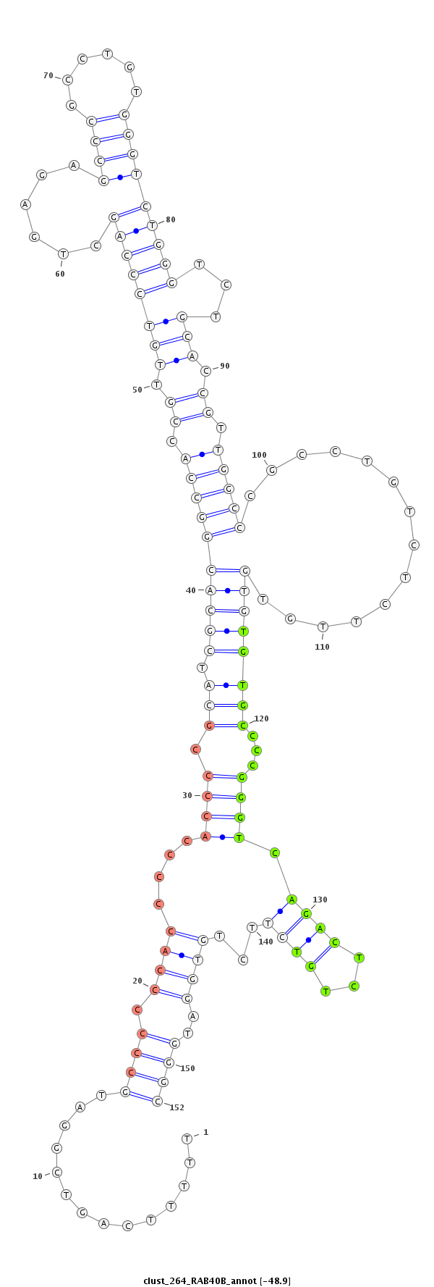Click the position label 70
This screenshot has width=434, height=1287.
[x=48, y=75]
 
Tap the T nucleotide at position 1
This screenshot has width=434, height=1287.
[x=187, y=1138]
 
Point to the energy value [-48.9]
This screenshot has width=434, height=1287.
[x=276, y=1280]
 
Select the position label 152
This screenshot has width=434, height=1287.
[x=176, y=1107]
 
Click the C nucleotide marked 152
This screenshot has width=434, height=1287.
[x=158, y=1101]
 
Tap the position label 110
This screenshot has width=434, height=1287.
[x=322, y=647]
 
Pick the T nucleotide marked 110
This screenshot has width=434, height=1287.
[x=323, y=626]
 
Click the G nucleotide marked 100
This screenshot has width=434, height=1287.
[x=272, y=470]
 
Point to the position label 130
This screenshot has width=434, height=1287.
[x=320, y=900]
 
